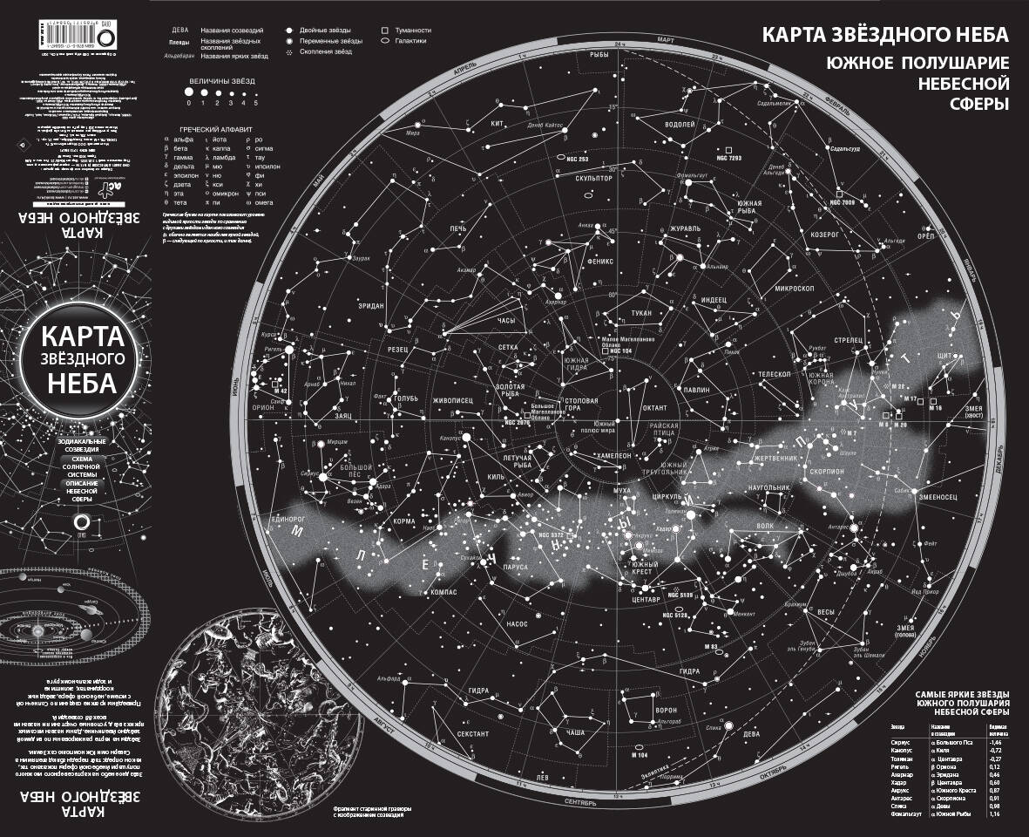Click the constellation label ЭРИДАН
(x=371, y=305)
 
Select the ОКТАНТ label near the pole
(x=654, y=407)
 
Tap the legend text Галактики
(x=410, y=41)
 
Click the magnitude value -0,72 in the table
(x=995, y=750)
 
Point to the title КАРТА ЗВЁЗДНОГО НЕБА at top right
(x=885, y=35)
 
